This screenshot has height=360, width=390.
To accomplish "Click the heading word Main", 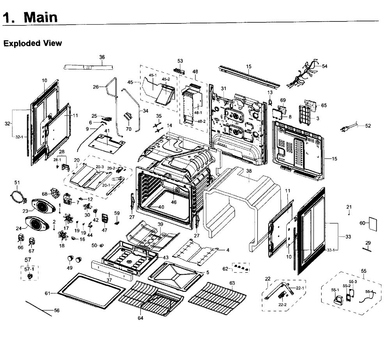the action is coord(41,17).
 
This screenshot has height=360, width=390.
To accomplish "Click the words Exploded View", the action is coord(33,43).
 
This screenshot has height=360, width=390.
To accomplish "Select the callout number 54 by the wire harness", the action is coord(324,66).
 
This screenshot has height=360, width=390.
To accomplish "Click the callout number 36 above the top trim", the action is coord(102,57).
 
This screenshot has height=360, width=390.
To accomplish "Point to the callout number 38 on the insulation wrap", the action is coord(249,171).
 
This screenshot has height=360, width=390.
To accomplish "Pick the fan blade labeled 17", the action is coord(67,218).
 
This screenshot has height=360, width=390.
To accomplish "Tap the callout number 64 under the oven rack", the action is coord(140,318).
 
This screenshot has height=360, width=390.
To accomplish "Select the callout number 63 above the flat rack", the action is coord(232,283).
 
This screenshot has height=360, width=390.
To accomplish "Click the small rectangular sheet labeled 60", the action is coord(372,224).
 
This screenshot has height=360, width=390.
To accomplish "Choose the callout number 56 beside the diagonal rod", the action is coord(57,310).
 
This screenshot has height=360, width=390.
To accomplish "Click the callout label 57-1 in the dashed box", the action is coord(29,269).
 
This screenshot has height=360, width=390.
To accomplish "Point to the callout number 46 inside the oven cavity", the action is coord(174,202).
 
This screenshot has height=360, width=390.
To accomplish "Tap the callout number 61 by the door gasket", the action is coord(48,293).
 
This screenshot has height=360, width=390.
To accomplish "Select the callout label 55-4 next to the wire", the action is coord(369,292).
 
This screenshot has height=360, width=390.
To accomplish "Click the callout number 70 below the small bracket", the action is coord(129,129).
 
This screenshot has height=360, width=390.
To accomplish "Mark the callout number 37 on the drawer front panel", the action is coord(110,280).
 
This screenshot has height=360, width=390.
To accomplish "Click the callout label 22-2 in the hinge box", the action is coord(282,305).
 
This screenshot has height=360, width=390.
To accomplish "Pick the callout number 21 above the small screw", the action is coord(349,207).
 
